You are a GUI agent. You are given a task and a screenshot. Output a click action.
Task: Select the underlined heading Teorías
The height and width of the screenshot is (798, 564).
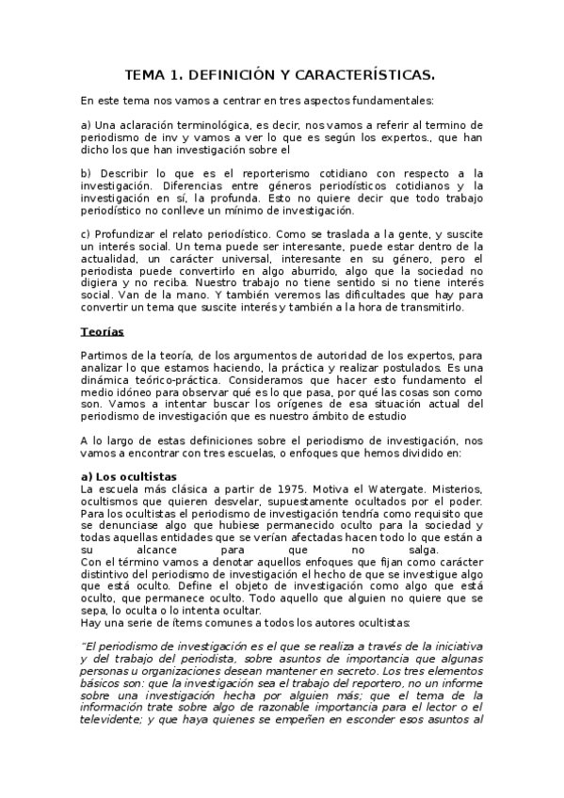point(103,332)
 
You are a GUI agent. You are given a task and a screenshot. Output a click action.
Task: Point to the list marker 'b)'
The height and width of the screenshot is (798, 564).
point(86,173)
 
